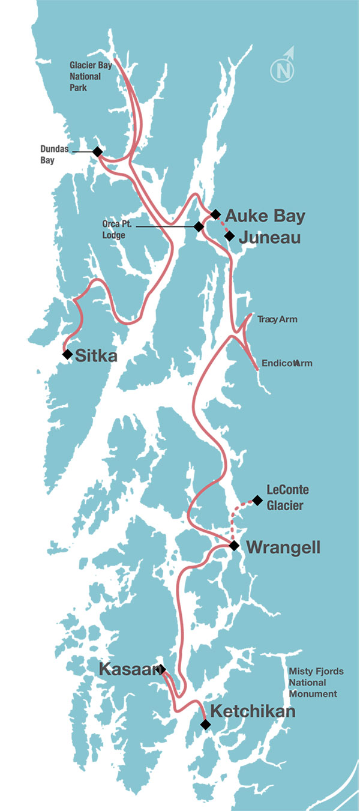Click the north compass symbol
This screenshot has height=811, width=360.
tap(283, 68)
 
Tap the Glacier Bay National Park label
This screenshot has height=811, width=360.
tap(88, 76)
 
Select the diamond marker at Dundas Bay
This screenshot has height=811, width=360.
tap(97, 152)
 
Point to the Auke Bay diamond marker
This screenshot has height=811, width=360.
tap(215, 214)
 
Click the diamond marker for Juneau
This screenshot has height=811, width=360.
tap(229, 236)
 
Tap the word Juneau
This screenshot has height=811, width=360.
tap(269, 238)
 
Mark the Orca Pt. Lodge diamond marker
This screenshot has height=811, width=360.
tap(198, 226)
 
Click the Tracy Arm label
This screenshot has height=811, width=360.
tap(277, 319)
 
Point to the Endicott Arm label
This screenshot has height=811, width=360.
tap(287, 363)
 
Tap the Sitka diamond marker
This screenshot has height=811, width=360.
tap(67, 354)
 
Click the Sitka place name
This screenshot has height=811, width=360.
tap(96, 356)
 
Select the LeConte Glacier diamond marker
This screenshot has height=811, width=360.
tap(257, 500)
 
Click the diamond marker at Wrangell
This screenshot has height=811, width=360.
tap(234, 546)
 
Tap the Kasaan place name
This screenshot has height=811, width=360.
tap(128, 669)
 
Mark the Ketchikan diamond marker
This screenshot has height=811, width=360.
tap(206, 725)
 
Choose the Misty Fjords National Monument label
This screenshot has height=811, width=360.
tap(316, 683)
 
